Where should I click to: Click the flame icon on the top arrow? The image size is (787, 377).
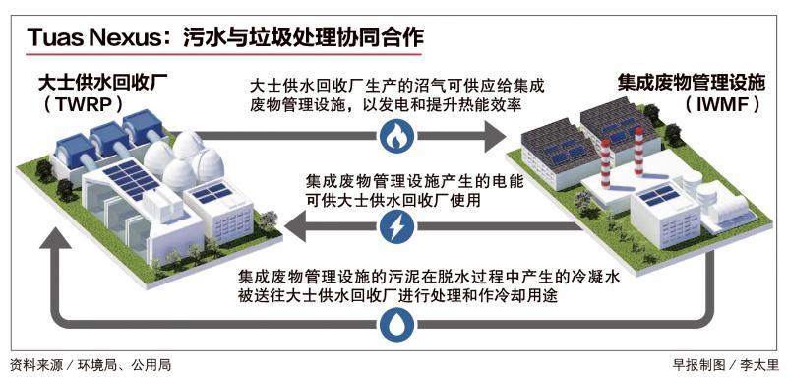(394, 134)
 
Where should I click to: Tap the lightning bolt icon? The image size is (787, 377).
(394, 228)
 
